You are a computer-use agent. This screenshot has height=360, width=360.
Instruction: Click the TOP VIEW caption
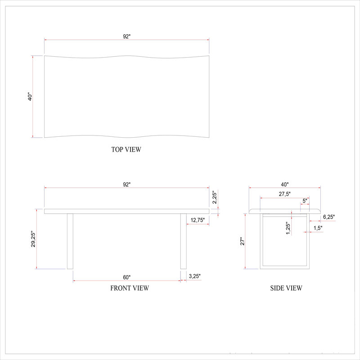[x=126, y=149]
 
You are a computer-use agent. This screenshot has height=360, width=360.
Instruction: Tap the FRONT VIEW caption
[x=130, y=288]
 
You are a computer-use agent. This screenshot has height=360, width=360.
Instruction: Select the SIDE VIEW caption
[x=286, y=288]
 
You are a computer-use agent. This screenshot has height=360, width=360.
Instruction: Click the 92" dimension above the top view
[x=127, y=36]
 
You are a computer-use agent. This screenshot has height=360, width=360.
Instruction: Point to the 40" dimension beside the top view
[x=30, y=97]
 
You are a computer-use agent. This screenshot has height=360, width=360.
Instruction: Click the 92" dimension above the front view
[x=127, y=184]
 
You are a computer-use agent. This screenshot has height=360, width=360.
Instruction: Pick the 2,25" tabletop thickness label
[x=215, y=197]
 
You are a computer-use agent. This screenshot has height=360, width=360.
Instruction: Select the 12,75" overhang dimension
[x=198, y=220]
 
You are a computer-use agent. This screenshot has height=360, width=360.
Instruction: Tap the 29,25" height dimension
[x=33, y=239]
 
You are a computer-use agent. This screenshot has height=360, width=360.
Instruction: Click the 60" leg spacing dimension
[x=127, y=277]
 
